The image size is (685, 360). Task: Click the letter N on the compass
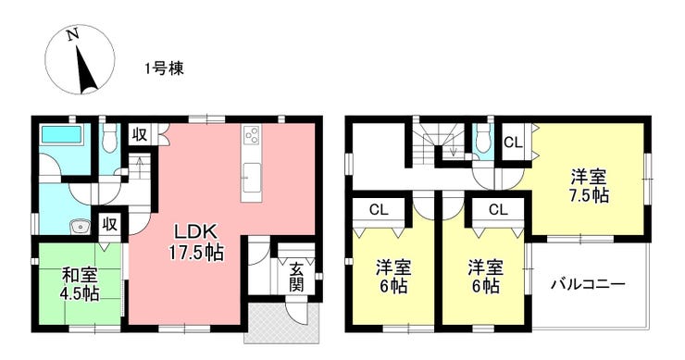[x=73, y=34]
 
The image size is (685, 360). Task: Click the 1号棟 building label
[x=165, y=68]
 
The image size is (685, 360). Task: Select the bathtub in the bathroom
[x=61, y=133]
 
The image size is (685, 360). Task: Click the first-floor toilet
[x=109, y=138]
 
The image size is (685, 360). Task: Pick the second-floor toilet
[x=483, y=138]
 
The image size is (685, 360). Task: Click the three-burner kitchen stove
[x=252, y=135]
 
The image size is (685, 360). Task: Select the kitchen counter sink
[x=252, y=178]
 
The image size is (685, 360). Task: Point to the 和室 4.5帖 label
[x=80, y=284]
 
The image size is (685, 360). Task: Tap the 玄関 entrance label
[x=296, y=277]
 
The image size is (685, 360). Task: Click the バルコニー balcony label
[x=588, y=284]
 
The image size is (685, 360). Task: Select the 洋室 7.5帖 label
[x=589, y=186]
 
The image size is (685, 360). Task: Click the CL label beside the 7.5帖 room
[x=513, y=143]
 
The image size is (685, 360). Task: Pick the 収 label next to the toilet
[x=140, y=135]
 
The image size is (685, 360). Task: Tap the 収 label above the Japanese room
[x=110, y=225]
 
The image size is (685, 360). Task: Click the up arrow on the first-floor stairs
[x=140, y=166]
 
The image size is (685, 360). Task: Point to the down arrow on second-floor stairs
[x=454, y=149]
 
